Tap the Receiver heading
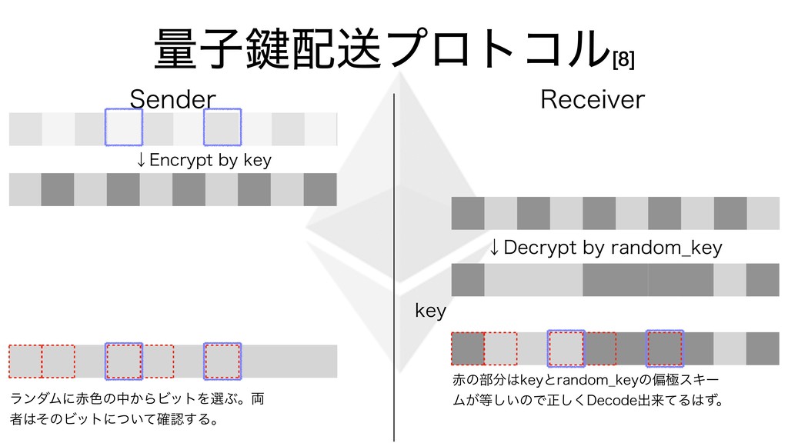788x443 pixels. coord(593,99)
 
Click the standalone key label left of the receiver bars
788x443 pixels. coord(430,311)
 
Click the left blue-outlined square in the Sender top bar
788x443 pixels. coord(124,128)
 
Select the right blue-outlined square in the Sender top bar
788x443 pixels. coord(222,128)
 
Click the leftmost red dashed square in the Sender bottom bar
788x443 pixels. coord(25,361)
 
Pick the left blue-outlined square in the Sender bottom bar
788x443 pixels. coord(124,361)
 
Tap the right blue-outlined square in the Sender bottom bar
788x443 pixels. coord(222,361)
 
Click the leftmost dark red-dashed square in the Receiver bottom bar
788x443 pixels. coord(467,348)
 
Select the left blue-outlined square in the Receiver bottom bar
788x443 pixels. coord(566,348)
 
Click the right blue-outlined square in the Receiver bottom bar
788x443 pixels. coord(665,348)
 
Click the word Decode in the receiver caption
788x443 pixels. coord(610,401)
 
